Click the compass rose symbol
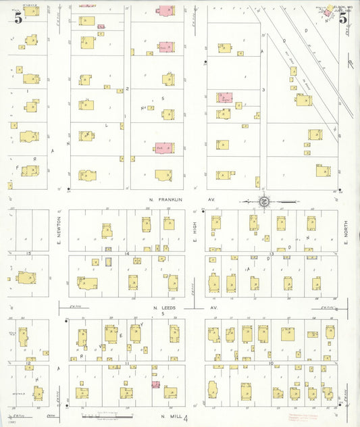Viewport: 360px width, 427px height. (264, 201)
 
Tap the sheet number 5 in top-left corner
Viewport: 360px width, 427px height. (18, 19)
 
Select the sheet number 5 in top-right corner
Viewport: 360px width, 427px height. (343, 19)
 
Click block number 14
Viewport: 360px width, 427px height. (126, 253)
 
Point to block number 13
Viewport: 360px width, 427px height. (271, 253)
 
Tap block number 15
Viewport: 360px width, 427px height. (28, 253)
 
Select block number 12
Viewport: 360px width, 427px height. (28, 363)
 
